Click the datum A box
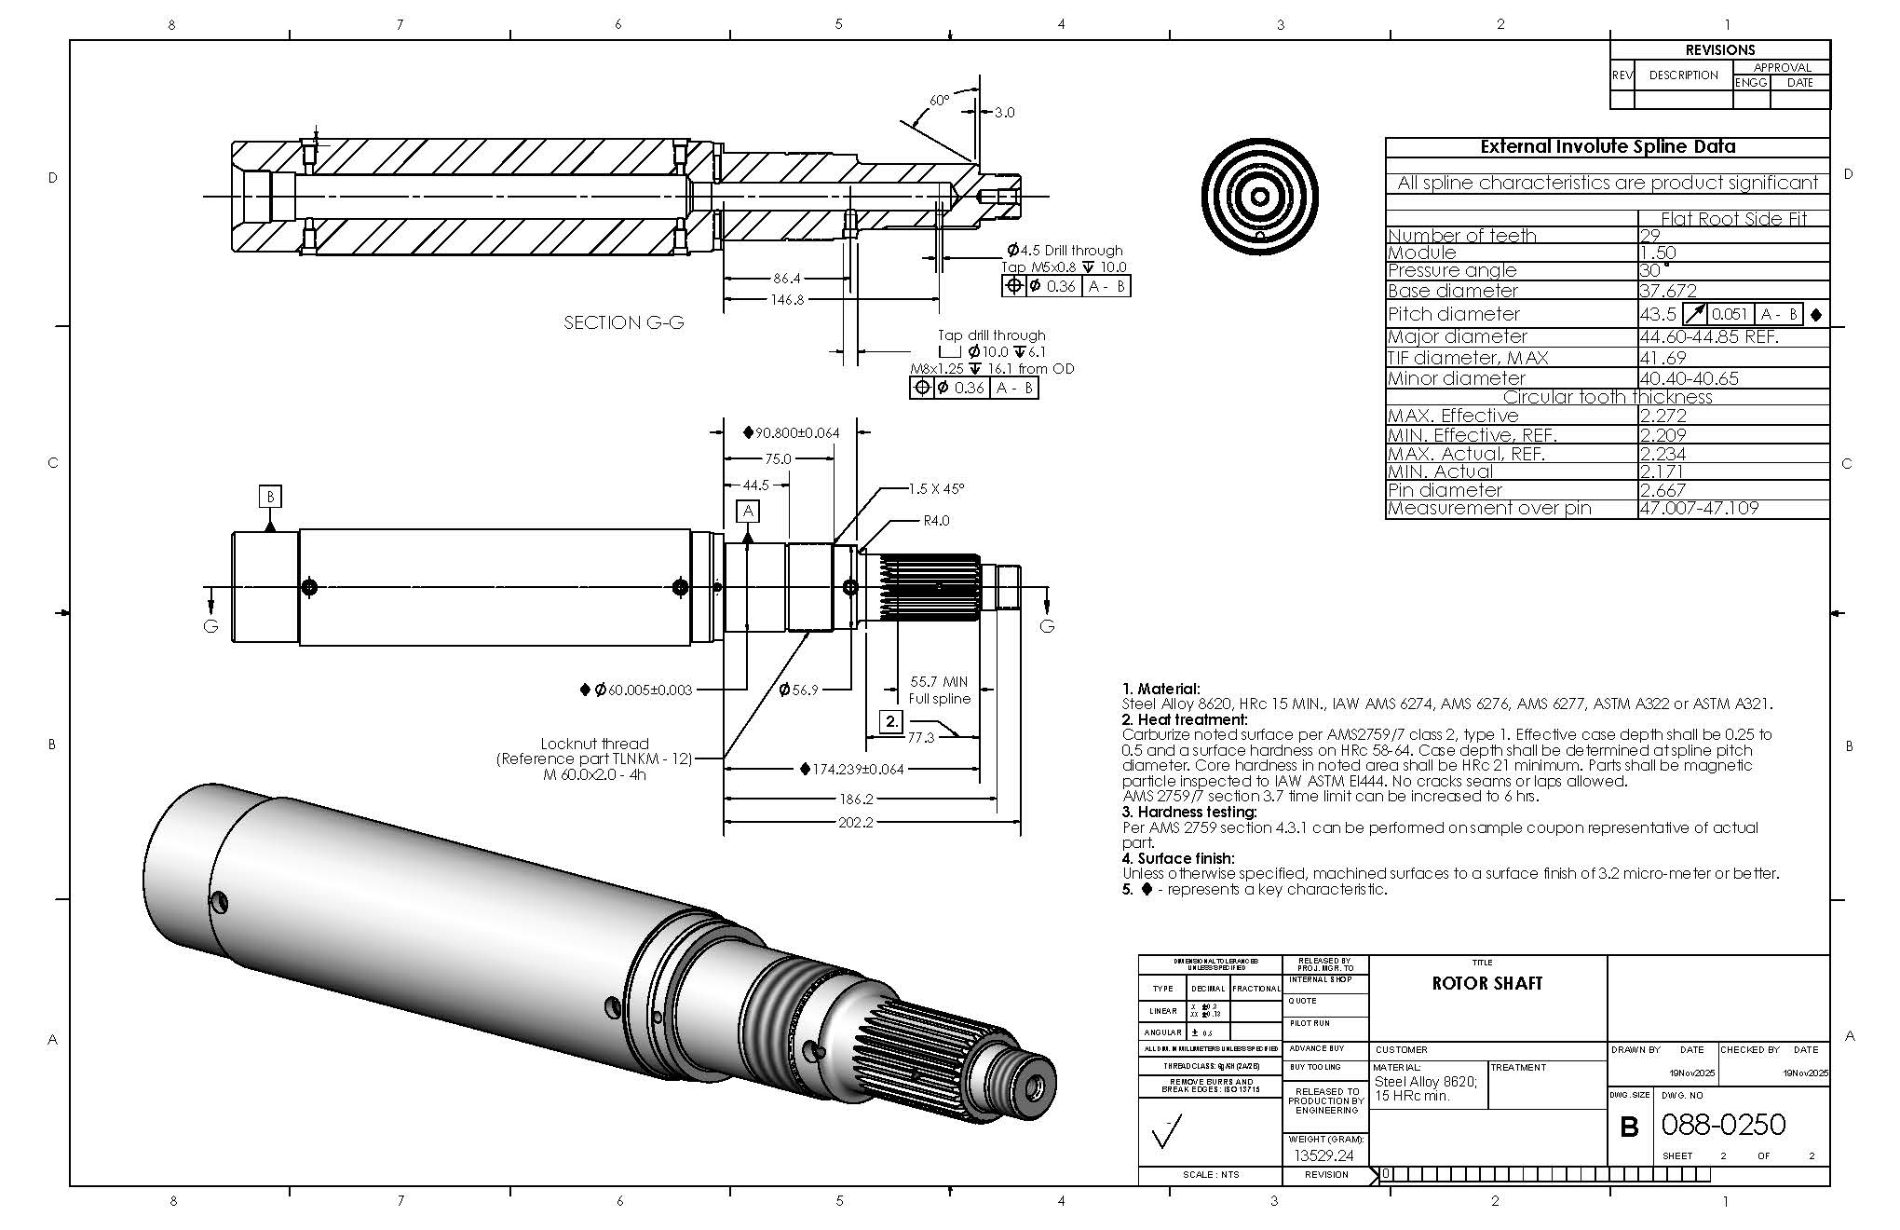(748, 511)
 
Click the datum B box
(270, 497)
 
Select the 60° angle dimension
(940, 100)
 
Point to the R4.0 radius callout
(936, 521)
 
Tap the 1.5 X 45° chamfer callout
(936, 488)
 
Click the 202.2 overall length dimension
(856, 823)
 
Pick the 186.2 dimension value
(856, 799)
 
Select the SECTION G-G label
(623, 322)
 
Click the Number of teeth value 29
(1649, 236)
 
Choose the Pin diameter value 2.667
(1662, 490)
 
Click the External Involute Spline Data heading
(1608, 147)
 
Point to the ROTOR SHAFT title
(1486, 984)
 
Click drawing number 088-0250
(1723, 1125)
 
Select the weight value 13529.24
(1323, 1155)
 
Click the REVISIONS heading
(1719, 50)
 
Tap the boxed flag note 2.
(891, 721)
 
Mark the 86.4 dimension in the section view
(786, 278)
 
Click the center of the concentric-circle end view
(1259, 198)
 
